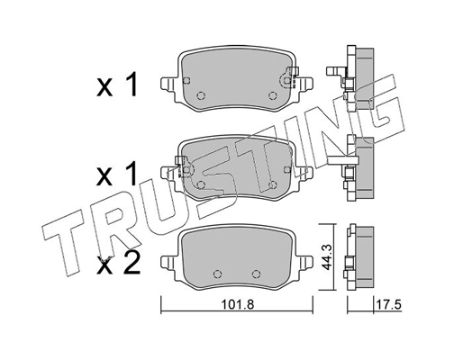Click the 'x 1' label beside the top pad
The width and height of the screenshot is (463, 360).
pos(116,87)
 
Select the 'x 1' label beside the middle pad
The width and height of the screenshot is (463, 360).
pos(116,170)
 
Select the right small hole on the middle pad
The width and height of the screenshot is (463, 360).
pos(272,184)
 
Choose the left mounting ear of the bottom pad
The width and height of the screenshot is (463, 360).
pos(168,262)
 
